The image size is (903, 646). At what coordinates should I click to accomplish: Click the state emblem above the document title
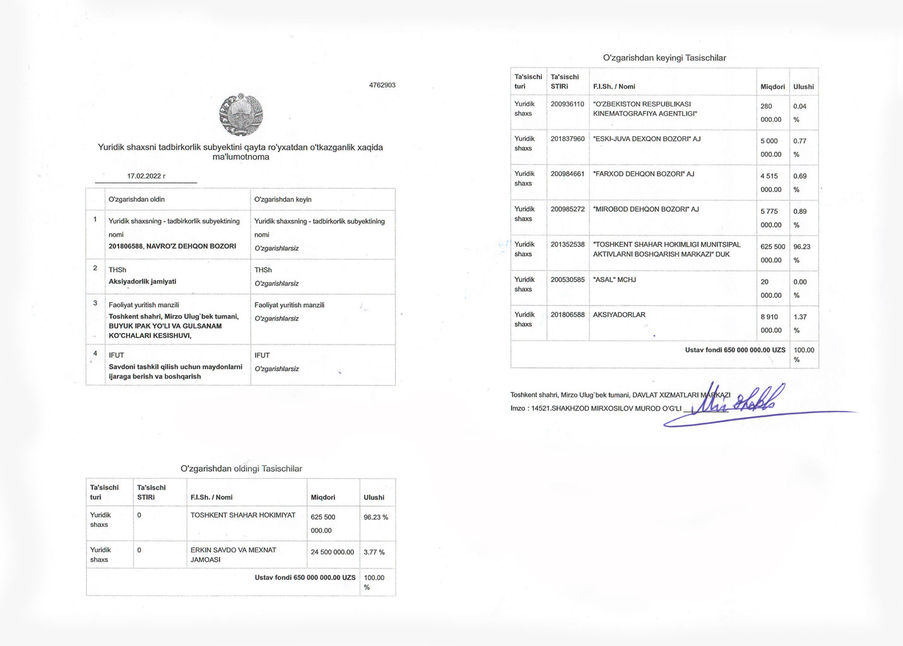[x=241, y=115]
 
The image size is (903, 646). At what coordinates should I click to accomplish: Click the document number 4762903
[x=382, y=85]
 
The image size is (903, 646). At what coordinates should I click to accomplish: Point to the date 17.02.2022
[x=146, y=176]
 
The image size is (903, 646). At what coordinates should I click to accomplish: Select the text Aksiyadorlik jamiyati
[x=142, y=281]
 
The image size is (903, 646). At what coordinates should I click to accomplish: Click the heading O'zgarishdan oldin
[x=136, y=199]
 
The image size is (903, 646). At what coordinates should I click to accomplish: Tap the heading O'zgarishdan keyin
[x=283, y=199]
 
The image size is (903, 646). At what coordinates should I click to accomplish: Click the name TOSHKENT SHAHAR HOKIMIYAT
[x=243, y=515]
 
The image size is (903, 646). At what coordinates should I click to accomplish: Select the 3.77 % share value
[x=374, y=552]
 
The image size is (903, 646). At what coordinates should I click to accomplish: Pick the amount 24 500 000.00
[x=332, y=552]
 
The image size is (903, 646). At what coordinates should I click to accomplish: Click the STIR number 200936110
[x=567, y=104]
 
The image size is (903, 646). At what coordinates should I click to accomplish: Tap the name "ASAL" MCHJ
[x=614, y=279]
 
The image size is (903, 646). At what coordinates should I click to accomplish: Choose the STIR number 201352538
[x=567, y=244]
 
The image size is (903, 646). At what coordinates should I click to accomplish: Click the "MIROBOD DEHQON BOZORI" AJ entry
[x=646, y=209]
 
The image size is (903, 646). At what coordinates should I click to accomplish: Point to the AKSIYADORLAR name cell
[x=619, y=315]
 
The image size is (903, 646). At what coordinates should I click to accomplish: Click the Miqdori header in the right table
[x=772, y=86]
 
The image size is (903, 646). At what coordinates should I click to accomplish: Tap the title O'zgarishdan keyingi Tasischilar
[x=664, y=58]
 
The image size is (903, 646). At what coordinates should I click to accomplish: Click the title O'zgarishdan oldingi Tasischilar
[x=241, y=469]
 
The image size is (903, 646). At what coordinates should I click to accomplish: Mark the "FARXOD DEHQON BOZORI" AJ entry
[x=644, y=173]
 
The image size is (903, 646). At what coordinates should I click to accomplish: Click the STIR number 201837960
[x=567, y=139]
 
